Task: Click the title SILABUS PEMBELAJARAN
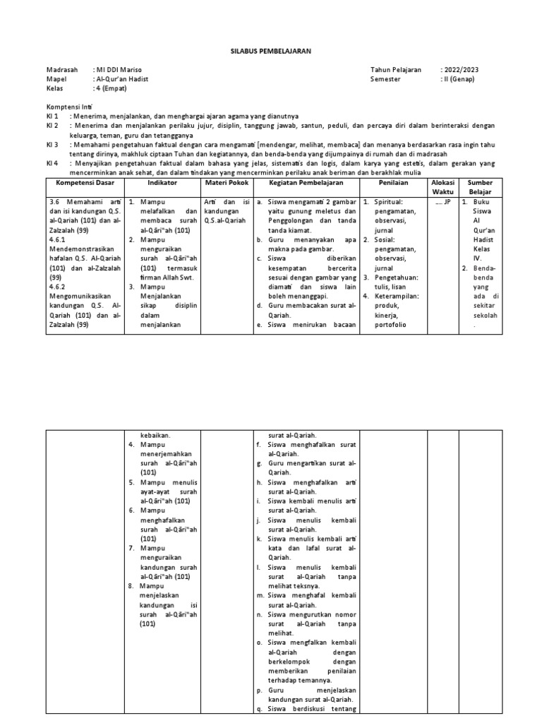point(271,52)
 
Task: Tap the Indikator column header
point(162,182)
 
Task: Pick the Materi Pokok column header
point(224,182)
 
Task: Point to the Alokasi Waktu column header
point(443,187)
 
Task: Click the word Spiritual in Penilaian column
point(392,201)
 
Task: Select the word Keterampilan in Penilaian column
point(396,297)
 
